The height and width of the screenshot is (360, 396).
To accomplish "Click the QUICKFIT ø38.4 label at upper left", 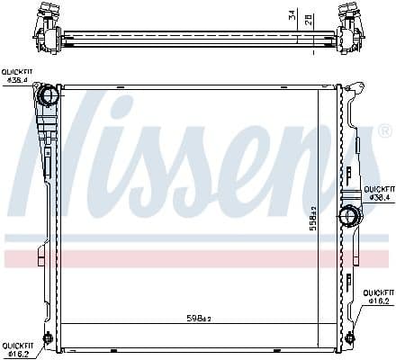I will click(17, 76).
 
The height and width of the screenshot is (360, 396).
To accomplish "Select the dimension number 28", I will click(308, 20).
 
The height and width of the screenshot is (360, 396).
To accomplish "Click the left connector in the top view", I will click(45, 24).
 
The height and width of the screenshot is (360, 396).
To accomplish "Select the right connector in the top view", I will click(349, 24).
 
